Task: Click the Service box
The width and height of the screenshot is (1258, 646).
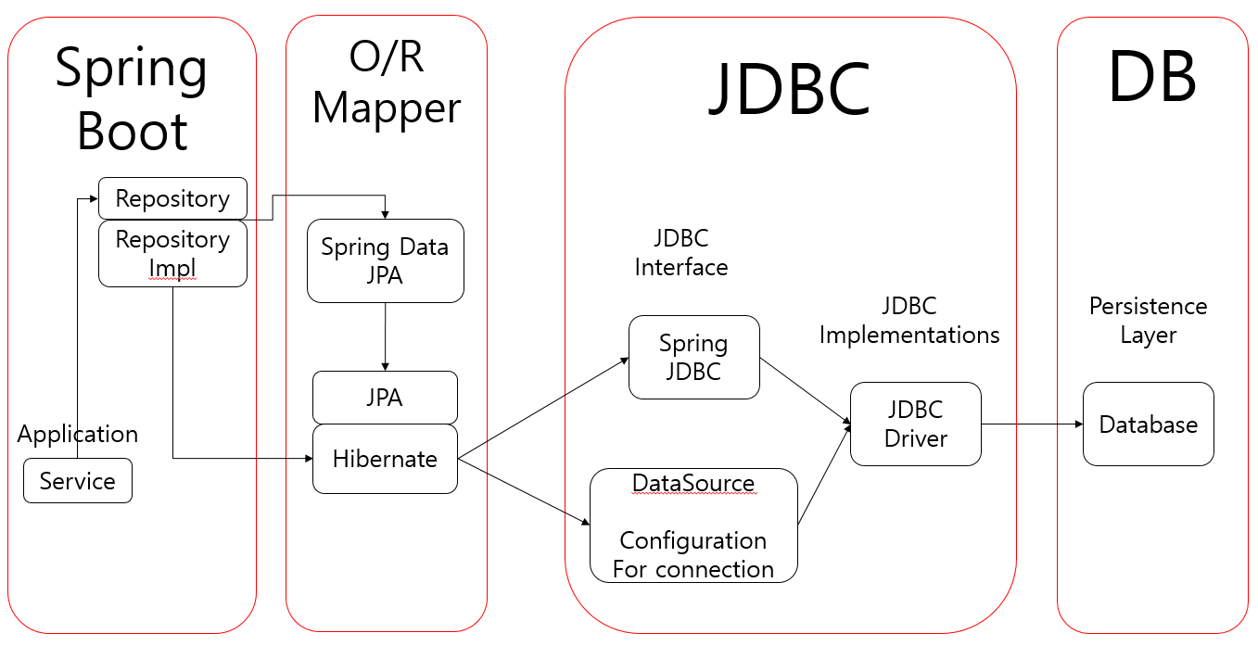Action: [78, 481]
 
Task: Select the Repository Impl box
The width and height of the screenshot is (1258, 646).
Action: [172, 253]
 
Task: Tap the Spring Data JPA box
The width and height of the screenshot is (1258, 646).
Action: [385, 260]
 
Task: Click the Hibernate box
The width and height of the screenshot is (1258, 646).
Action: [385, 459]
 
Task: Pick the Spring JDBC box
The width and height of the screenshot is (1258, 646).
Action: [693, 357]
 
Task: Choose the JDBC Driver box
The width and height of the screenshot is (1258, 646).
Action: [915, 424]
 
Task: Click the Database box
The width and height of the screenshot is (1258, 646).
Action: [1148, 424]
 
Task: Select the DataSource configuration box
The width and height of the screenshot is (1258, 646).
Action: [693, 526]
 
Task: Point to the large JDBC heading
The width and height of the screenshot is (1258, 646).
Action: [790, 90]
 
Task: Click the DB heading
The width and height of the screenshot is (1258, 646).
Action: [1152, 78]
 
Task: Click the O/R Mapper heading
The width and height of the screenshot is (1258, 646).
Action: [386, 85]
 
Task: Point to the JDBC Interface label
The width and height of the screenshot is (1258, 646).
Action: [680, 253]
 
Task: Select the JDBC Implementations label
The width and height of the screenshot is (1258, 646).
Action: [909, 321]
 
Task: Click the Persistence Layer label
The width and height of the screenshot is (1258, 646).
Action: [1148, 321]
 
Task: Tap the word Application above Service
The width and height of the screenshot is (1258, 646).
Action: [78, 434]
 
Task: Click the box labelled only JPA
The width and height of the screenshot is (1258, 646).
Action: [385, 398]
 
